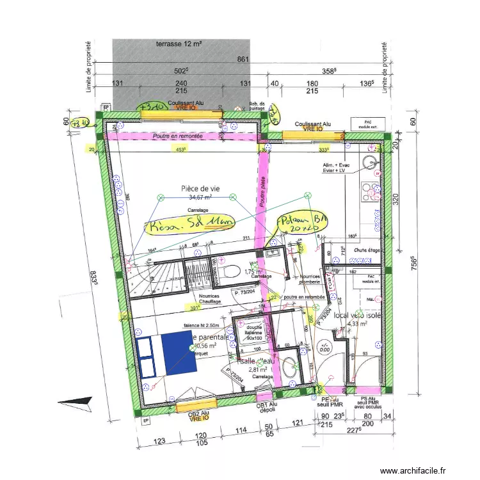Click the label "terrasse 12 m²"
(x=179, y=44)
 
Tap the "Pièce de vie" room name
(x=201, y=188)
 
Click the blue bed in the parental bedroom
(x=164, y=353)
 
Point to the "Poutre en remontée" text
(x=177, y=136)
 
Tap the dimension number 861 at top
(x=242, y=60)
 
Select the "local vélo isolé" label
(x=358, y=315)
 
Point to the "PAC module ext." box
(x=367, y=123)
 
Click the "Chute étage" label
(x=367, y=250)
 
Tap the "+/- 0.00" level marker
(x=326, y=348)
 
